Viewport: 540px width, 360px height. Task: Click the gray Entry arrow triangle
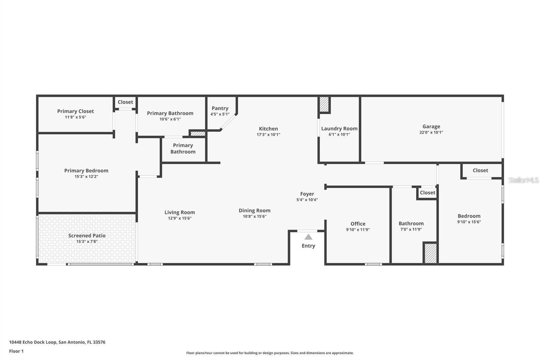point(308,237)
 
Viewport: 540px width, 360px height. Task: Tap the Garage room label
point(431,127)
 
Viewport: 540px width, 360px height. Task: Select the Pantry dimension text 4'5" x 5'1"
point(220,114)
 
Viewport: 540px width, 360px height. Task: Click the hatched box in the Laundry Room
point(324,104)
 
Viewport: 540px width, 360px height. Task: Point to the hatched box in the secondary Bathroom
point(430,253)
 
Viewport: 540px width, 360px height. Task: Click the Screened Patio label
point(87,236)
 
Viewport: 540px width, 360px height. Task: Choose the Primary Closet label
point(75,111)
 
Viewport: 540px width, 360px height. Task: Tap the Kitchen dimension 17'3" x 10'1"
point(268,134)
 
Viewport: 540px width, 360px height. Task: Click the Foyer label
point(307,194)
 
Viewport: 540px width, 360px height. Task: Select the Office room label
point(358,224)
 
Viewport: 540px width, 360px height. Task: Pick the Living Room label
point(180,212)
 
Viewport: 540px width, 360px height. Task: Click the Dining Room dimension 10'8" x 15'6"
point(254,216)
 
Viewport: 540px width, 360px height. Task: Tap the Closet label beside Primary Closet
point(125,102)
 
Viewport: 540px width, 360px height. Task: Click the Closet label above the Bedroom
point(480,171)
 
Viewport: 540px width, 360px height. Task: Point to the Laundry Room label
point(339,129)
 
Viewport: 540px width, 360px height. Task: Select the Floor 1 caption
point(16,351)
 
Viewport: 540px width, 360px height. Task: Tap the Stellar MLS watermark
point(523,180)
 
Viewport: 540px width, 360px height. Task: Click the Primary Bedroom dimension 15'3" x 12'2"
point(86,176)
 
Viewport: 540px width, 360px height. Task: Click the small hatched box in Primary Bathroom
point(198,134)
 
